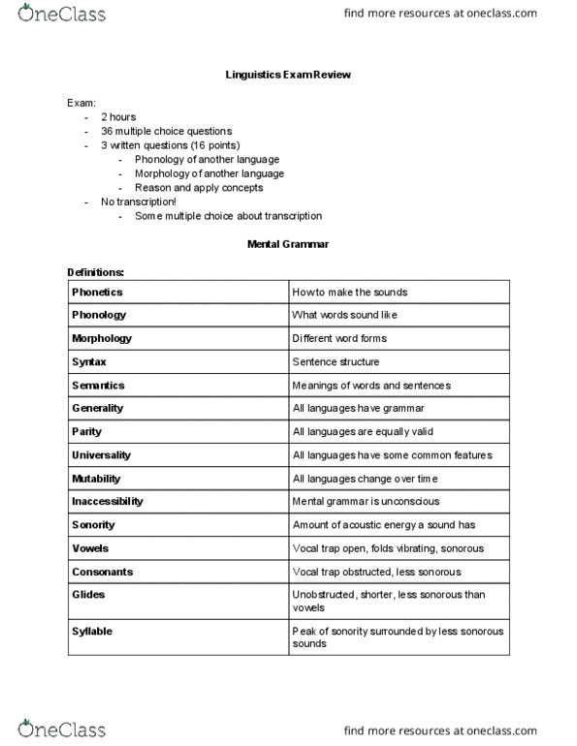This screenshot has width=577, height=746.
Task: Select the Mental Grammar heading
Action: click(x=288, y=245)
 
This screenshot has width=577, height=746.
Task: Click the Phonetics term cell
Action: click(x=97, y=292)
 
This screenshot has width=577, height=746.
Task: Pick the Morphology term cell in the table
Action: click(x=102, y=338)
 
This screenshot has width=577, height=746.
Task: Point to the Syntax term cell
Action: click(x=89, y=361)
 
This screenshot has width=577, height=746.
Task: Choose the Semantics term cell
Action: click(x=98, y=385)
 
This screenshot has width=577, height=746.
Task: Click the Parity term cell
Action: click(x=86, y=431)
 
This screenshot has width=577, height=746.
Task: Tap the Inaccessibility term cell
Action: click(x=108, y=501)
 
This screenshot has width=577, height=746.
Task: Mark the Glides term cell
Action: click(x=88, y=594)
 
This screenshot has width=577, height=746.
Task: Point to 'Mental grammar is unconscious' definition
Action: click(x=365, y=501)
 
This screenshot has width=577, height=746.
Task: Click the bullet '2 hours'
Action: click(x=117, y=116)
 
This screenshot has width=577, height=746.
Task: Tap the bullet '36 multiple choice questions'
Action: click(x=166, y=131)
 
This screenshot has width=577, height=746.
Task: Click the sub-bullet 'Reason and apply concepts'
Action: click(x=192, y=187)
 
